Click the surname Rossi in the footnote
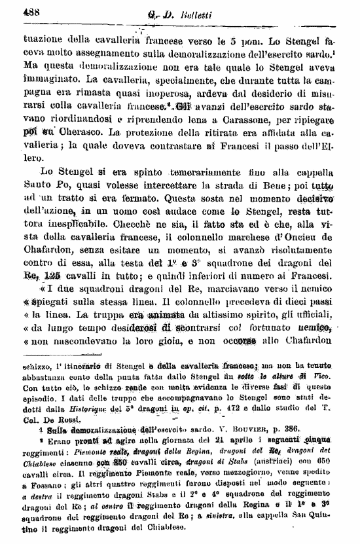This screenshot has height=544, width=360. click(x=63, y=420)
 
